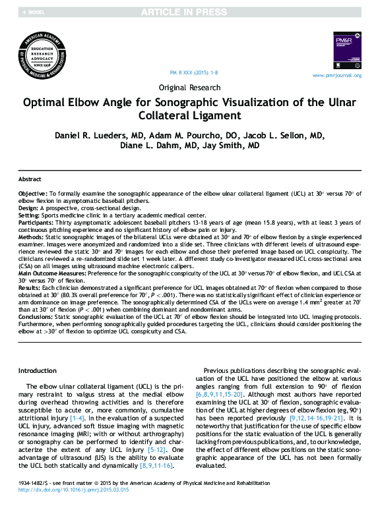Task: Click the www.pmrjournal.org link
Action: (x=336, y=75)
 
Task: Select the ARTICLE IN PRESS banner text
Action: (x=190, y=13)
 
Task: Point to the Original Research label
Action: (x=190, y=87)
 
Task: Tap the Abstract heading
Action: (x=30, y=179)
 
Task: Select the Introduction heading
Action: (x=37, y=371)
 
